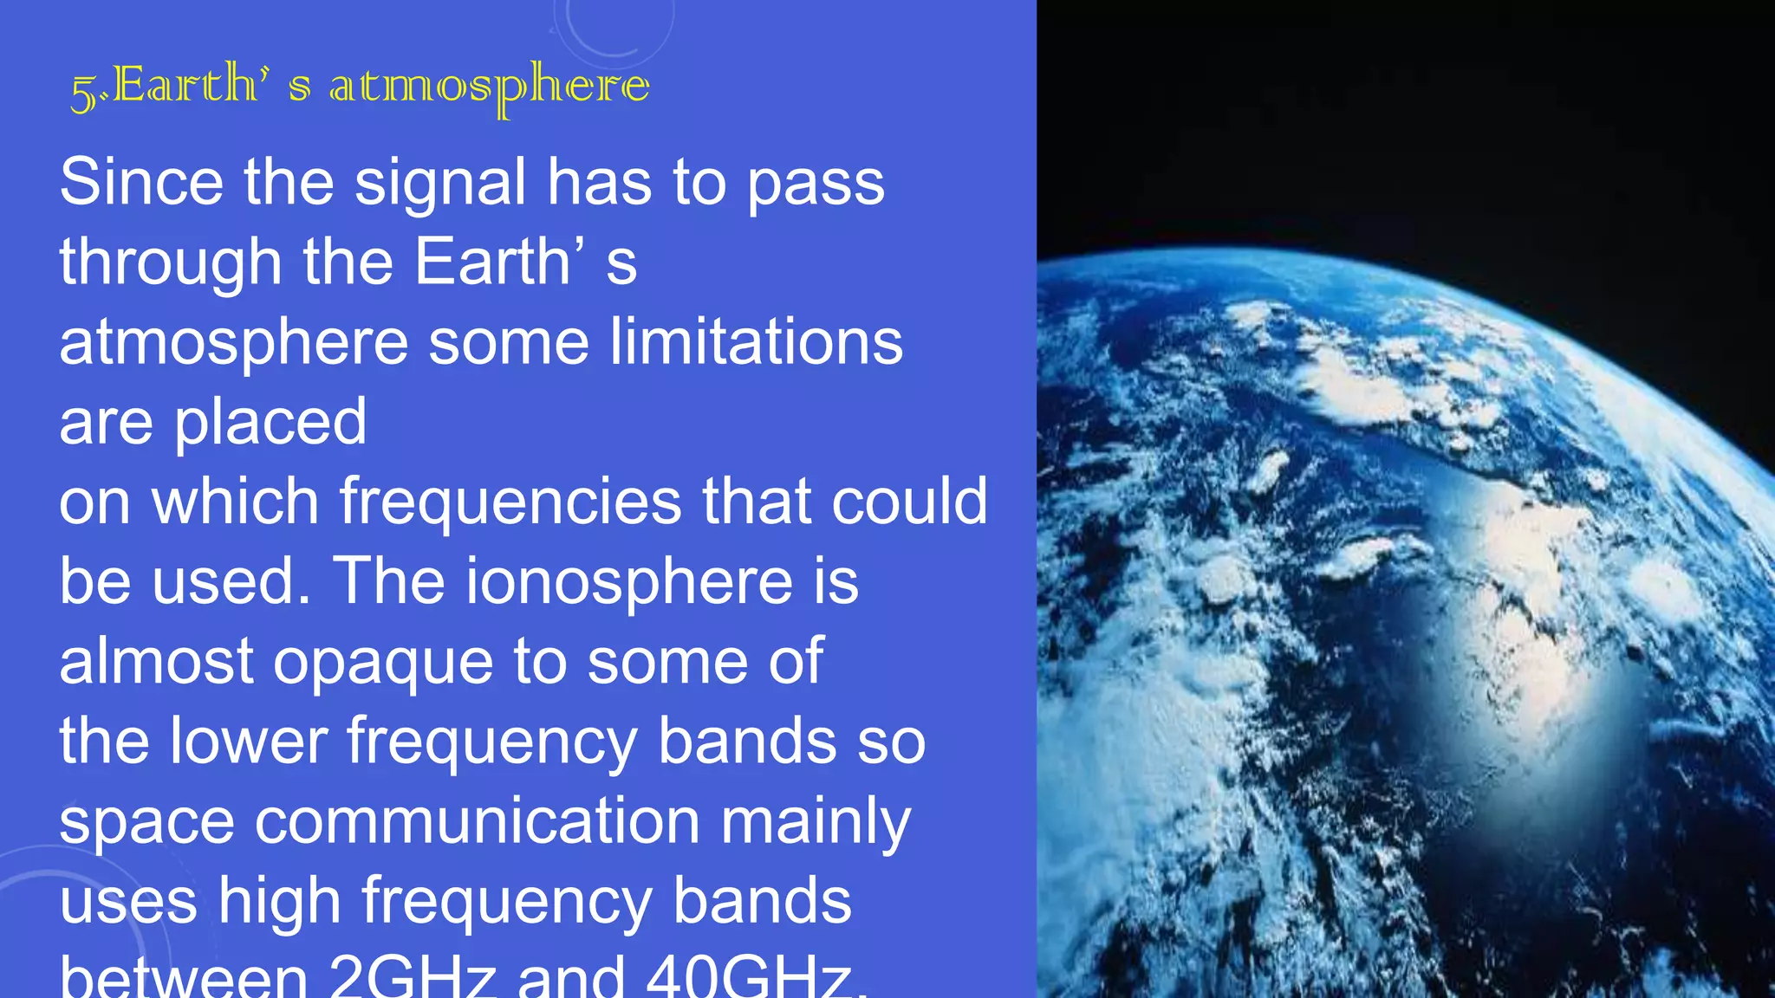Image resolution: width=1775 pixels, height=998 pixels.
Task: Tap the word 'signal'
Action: click(x=440, y=184)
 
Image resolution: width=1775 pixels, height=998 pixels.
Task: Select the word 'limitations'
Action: click(x=756, y=341)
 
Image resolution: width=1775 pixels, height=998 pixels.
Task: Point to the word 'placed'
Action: click(x=270, y=423)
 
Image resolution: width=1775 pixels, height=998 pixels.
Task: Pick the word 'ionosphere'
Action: click(x=629, y=582)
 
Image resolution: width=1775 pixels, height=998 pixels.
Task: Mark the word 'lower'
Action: click(x=249, y=742)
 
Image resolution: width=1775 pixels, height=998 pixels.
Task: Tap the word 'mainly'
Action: click(x=816, y=823)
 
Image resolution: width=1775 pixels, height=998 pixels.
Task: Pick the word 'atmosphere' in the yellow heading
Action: click(x=489, y=87)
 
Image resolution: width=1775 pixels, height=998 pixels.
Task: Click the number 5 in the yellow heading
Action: click(x=83, y=92)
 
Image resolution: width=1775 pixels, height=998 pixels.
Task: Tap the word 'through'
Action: click(x=171, y=263)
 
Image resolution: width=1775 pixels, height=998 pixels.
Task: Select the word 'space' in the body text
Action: click(x=146, y=823)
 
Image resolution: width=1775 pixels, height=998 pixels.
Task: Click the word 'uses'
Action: click(x=128, y=903)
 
